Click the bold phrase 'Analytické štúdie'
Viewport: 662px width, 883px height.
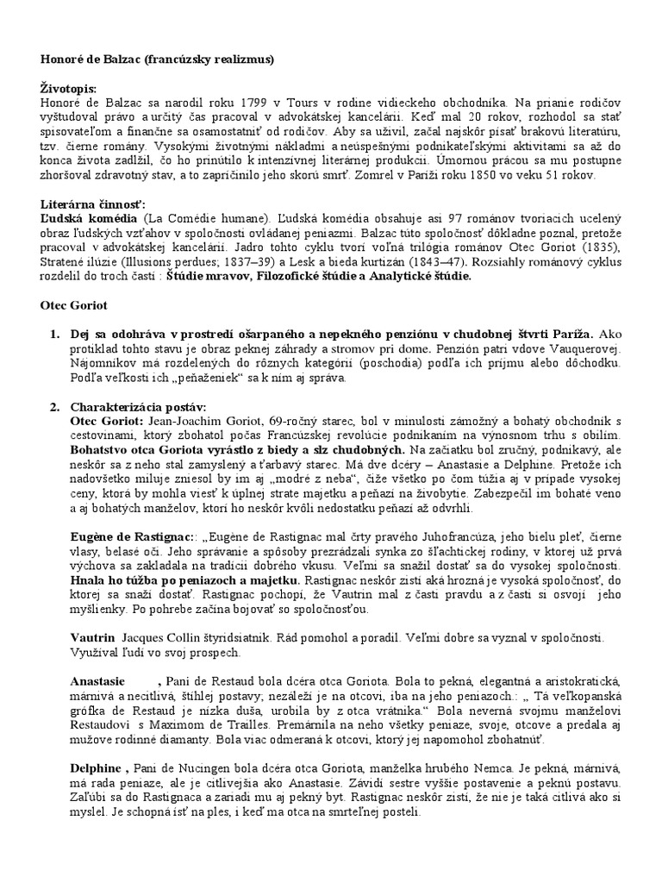(x=415, y=278)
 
